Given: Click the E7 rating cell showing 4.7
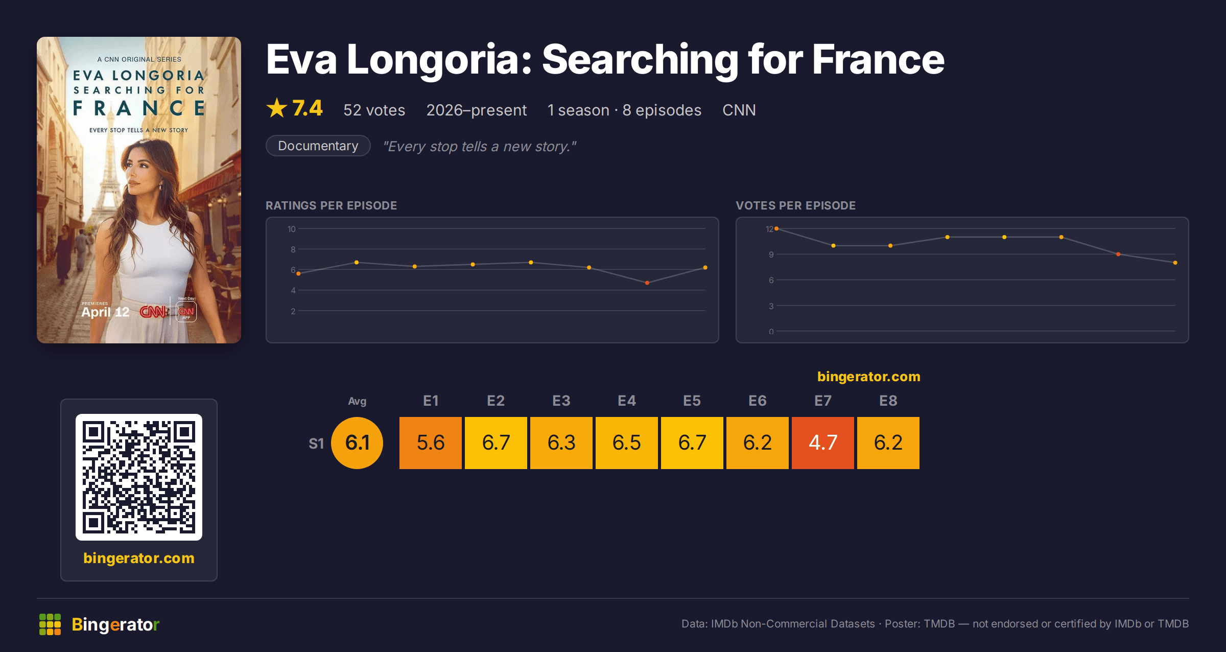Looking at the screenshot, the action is tap(823, 443).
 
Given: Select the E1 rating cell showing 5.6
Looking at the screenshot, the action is tap(431, 443).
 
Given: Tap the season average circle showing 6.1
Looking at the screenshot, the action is tap(357, 443).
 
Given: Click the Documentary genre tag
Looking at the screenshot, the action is tap(318, 146).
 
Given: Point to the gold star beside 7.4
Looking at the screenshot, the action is tap(277, 108).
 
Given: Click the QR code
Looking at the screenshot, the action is tap(139, 477).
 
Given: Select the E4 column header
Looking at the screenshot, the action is tap(627, 401).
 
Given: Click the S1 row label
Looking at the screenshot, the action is tap(316, 444).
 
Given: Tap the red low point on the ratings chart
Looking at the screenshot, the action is tap(647, 283).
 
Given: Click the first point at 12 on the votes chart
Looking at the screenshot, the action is tap(776, 228).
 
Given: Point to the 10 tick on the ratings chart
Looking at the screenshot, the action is tap(292, 229).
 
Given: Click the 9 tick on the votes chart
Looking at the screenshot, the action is tap(771, 254).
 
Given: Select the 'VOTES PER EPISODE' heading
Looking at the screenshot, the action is tap(795, 205).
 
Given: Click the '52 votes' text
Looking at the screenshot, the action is tap(374, 110).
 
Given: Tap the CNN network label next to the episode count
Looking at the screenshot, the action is tap(739, 110).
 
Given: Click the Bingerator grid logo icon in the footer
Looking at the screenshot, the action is tap(50, 624).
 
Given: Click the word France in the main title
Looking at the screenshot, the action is tap(878, 59).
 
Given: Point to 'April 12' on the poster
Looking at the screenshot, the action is tap(105, 312).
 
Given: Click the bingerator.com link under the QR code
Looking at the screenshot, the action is tap(139, 558).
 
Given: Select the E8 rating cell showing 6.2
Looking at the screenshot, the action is tap(888, 443).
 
